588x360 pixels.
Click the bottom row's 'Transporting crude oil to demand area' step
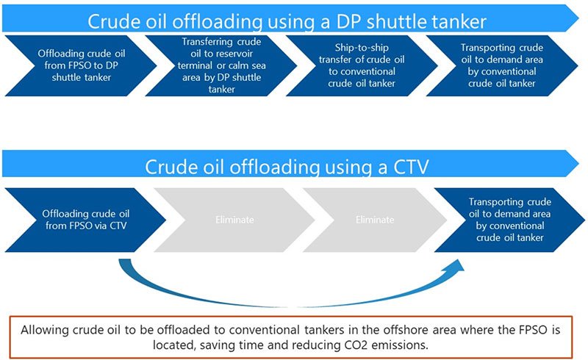pyautogui.click(x=507, y=219)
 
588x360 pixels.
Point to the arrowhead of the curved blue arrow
pyautogui.click(x=457, y=266)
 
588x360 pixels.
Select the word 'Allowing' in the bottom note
pyautogui.click(x=45, y=329)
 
